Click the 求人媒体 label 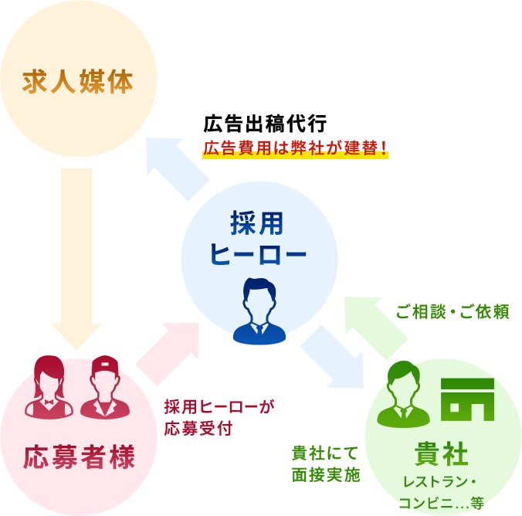78,80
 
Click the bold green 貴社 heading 441,454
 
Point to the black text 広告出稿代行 266,123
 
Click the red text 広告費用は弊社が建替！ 295,148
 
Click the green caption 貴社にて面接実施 325,463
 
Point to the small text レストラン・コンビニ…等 442,493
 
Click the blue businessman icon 259,309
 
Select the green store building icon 467,399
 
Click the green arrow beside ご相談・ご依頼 376,324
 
